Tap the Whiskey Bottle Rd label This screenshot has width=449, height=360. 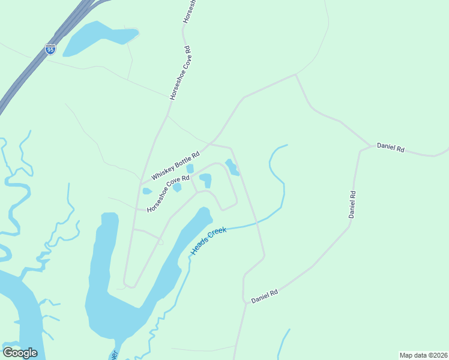[x=175, y=165]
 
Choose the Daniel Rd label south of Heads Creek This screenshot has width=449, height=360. [x=264, y=296]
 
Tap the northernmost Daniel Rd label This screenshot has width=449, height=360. [x=391, y=147]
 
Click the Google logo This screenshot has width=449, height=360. [x=20, y=353]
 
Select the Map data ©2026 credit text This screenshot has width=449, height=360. [x=423, y=355]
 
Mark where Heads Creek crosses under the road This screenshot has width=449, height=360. [x=256, y=224]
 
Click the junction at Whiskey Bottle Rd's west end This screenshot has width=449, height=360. [x=141, y=182]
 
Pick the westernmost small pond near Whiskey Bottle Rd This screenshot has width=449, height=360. [x=146, y=191]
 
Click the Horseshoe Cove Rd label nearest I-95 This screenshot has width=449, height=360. [x=179, y=73]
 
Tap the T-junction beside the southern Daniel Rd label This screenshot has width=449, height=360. [x=245, y=302]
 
